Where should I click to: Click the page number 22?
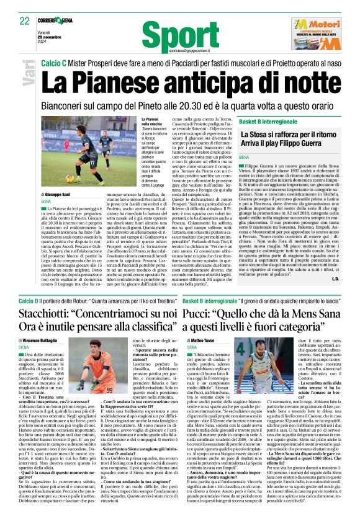click(25, 20)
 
